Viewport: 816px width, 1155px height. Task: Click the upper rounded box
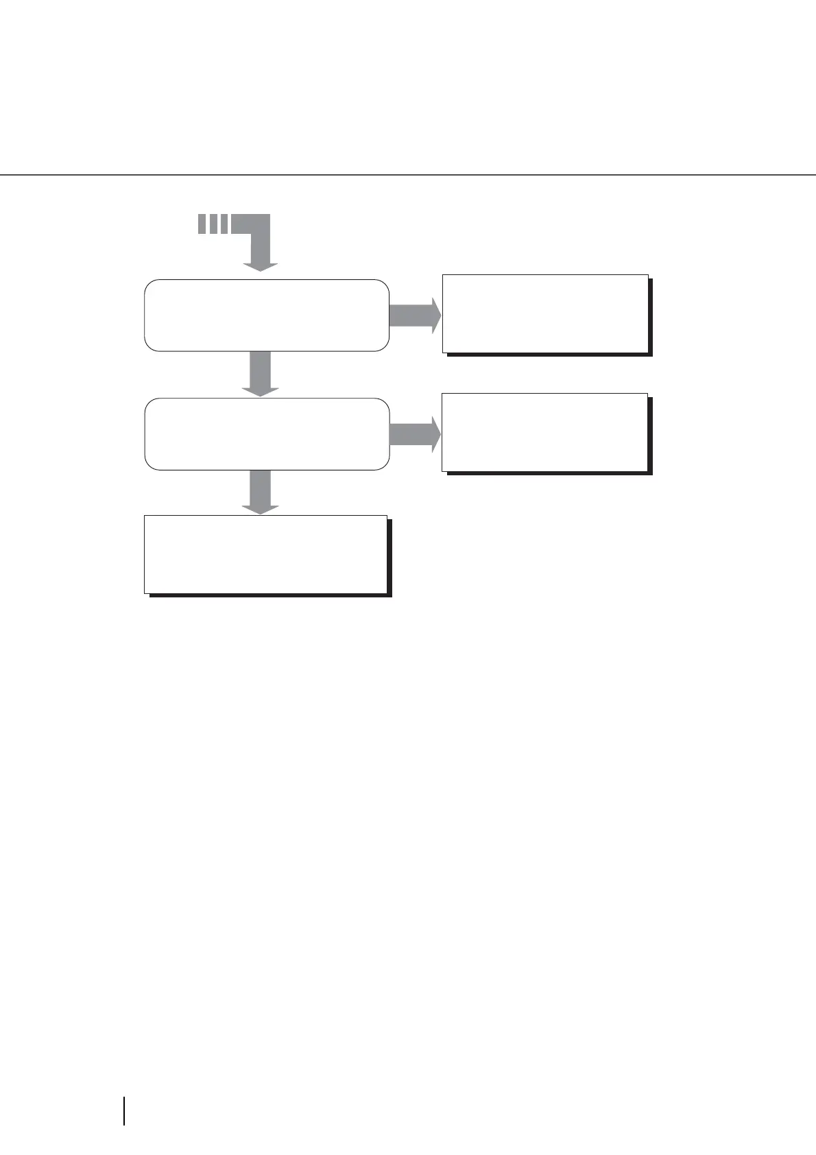pyautogui.click(x=267, y=315)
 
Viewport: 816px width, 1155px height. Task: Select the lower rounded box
pyautogui.click(x=267, y=433)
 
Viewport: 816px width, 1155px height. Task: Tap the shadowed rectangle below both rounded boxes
pyautogui.click(x=266, y=554)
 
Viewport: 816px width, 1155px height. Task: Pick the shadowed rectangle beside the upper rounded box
pyautogui.click(x=546, y=313)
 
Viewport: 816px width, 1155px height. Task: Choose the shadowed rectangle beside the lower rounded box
pyautogui.click(x=545, y=432)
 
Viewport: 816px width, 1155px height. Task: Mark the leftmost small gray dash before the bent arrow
pyautogui.click(x=202, y=224)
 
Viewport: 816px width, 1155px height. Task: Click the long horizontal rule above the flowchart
pyautogui.click(x=408, y=175)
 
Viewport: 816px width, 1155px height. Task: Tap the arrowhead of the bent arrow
pyautogui.click(x=261, y=267)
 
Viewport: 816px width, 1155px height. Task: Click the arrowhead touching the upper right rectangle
pyautogui.click(x=435, y=315)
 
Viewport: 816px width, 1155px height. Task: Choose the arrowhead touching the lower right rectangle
pyautogui.click(x=435, y=434)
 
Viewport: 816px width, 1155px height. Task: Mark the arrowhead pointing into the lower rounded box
pyautogui.click(x=261, y=391)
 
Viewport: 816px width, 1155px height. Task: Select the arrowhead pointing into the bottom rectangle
pyautogui.click(x=261, y=509)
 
